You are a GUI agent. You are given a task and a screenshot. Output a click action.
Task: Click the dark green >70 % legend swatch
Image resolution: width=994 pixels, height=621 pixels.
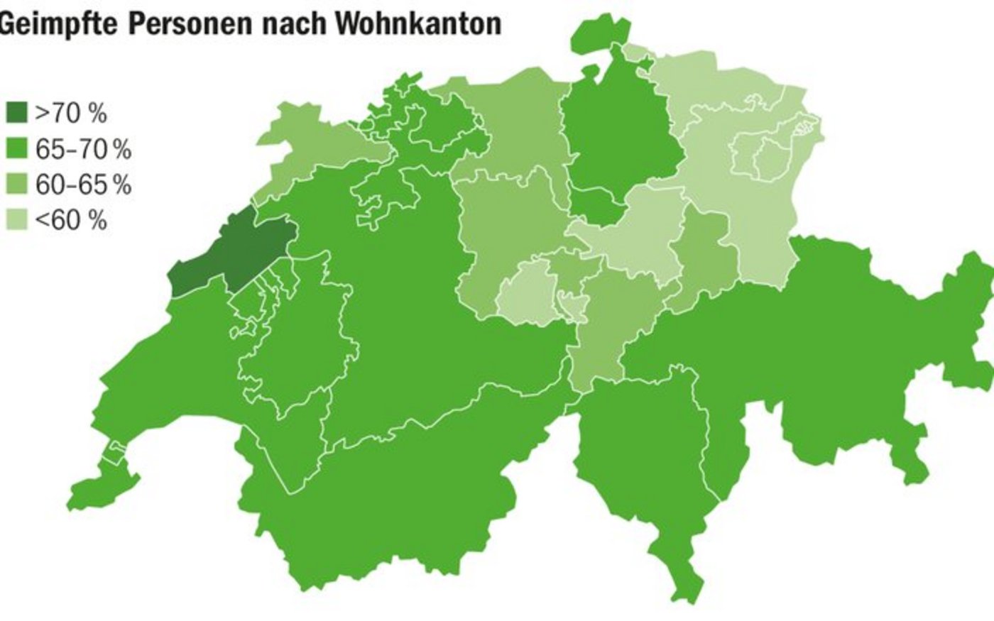pos(16,112)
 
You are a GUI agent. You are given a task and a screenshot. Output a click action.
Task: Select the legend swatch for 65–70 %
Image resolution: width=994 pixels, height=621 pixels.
pos(16,148)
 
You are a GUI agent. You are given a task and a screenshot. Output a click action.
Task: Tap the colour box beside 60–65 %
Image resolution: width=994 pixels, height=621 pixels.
pos(16,185)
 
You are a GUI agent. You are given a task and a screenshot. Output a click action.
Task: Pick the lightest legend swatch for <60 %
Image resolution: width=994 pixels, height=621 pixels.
pos(16,220)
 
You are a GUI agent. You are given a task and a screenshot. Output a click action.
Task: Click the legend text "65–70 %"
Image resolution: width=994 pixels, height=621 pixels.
pos(83,148)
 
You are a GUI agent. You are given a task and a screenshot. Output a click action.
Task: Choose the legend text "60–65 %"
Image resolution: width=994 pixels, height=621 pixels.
pos(83,185)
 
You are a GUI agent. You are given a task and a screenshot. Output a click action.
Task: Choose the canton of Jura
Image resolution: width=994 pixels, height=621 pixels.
pos(305,142)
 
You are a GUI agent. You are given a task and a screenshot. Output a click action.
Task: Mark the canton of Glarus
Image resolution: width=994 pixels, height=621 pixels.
pos(699,263)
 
